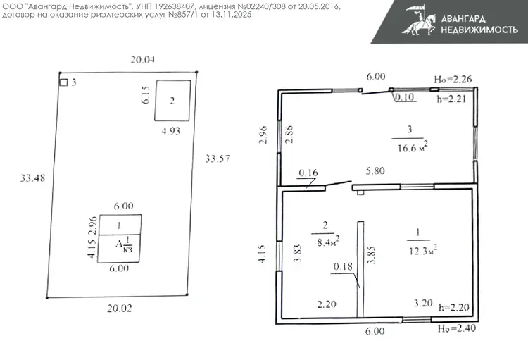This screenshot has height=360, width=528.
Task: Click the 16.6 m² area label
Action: click(x=413, y=147)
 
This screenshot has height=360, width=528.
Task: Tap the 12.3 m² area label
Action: click(x=423, y=250)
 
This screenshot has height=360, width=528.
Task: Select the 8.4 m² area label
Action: click(x=328, y=242)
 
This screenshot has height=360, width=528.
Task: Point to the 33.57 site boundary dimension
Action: click(x=218, y=159)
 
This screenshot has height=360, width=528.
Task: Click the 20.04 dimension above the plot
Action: click(x=143, y=60)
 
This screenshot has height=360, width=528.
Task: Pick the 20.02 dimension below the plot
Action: click(x=120, y=308)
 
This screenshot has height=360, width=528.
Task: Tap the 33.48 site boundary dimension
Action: click(x=32, y=178)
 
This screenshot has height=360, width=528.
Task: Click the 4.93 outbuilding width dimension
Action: click(x=171, y=131)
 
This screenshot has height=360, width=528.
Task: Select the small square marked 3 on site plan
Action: click(x=63, y=82)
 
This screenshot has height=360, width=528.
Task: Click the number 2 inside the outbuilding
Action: click(x=172, y=101)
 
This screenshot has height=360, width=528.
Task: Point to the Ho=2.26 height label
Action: click(x=453, y=79)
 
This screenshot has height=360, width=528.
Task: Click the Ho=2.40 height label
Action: click(x=457, y=328)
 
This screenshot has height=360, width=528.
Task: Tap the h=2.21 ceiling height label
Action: click(x=451, y=99)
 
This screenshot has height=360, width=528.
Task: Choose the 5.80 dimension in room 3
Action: click(x=375, y=171)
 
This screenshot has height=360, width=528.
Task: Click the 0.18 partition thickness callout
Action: click(x=343, y=266)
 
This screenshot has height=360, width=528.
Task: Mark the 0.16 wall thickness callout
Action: click(x=308, y=173)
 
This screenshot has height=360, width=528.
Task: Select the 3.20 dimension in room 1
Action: click(x=423, y=303)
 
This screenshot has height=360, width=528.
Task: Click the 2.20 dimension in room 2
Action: click(x=327, y=304)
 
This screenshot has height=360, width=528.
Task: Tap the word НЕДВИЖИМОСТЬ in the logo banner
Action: click(x=479, y=30)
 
